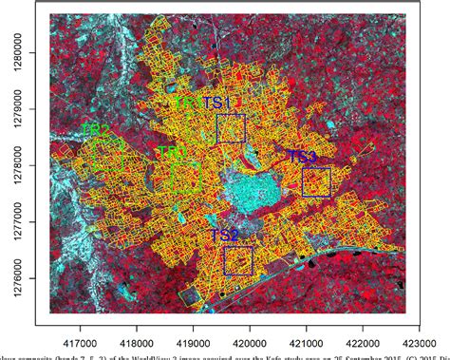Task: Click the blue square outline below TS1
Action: click(x=231, y=129)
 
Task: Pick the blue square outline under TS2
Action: click(x=238, y=260)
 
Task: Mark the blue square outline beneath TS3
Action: click(x=316, y=182)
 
